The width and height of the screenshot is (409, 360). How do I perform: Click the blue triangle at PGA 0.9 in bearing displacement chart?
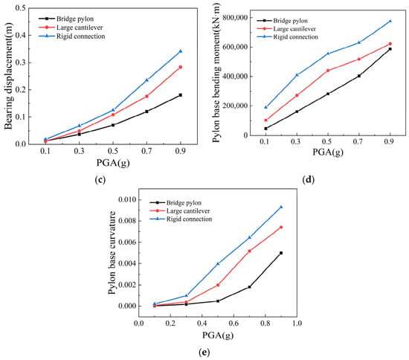coord(181,51)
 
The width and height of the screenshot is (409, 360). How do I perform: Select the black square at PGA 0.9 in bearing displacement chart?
coord(181,95)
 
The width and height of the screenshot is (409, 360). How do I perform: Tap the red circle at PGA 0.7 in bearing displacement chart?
coord(146,96)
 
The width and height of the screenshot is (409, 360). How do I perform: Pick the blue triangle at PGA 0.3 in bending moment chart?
coord(297,75)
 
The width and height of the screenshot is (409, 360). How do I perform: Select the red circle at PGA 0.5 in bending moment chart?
coord(328,71)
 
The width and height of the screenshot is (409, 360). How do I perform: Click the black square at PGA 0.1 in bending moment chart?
coord(265,129)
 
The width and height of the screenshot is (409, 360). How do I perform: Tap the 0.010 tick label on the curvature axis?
coord(127,200)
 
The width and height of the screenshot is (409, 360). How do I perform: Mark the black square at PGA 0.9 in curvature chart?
coord(281,253)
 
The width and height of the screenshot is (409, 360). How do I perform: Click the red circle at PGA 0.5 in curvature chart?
coord(218,285)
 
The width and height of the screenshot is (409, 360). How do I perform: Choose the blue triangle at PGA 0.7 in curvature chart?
coord(249,237)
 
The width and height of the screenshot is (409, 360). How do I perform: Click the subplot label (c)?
coord(100,180)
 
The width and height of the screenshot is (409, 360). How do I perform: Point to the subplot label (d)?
coord(309,180)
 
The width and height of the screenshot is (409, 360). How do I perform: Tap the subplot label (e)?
coord(204,352)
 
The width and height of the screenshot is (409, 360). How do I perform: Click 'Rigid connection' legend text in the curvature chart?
coord(189,219)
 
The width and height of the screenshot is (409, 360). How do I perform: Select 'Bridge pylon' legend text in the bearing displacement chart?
coord(75,19)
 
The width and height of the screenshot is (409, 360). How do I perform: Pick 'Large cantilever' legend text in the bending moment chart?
coord(294,29)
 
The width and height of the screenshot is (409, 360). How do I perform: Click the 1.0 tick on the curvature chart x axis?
coord(297,324)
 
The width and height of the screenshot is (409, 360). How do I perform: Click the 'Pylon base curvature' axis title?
coord(112,253)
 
